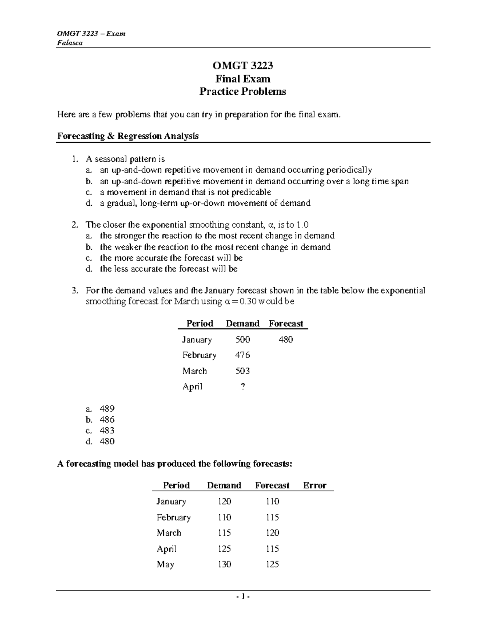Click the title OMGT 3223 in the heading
243,66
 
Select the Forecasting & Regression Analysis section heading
128,136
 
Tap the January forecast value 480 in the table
286,339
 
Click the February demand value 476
243,355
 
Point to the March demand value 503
243,371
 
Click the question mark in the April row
243,387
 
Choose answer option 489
107,409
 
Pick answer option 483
107,431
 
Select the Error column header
315,485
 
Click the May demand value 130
224,564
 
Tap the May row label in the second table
165,564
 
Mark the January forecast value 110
272,501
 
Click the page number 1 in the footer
243,596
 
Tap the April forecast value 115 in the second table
272,549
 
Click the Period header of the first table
200,324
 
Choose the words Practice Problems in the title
243,92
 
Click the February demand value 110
224,517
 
